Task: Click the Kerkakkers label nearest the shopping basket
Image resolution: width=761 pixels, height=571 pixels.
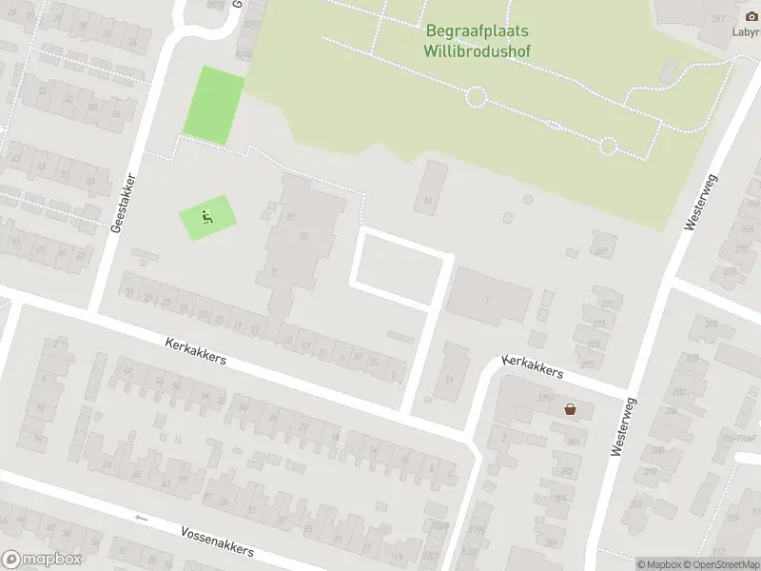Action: point(533,367)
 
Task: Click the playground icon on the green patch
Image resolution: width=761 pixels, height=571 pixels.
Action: point(205,217)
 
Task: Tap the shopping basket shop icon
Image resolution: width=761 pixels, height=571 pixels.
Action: point(570,409)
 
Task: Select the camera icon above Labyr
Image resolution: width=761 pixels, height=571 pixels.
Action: point(751,17)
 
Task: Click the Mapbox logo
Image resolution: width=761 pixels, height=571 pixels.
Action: point(41,560)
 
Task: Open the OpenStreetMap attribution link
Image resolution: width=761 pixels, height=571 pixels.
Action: point(722,564)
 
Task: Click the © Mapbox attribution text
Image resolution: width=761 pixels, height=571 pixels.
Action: point(659,564)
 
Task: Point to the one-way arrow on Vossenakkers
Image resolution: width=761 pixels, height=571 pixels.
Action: point(142,518)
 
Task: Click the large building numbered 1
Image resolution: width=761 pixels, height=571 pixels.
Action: point(489,299)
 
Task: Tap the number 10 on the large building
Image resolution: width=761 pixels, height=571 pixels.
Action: point(303,235)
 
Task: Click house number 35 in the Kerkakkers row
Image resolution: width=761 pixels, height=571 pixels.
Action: point(373,361)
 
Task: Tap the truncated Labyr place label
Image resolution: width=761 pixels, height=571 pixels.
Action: point(747,30)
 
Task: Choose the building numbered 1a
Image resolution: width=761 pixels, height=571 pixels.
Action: point(451,377)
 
